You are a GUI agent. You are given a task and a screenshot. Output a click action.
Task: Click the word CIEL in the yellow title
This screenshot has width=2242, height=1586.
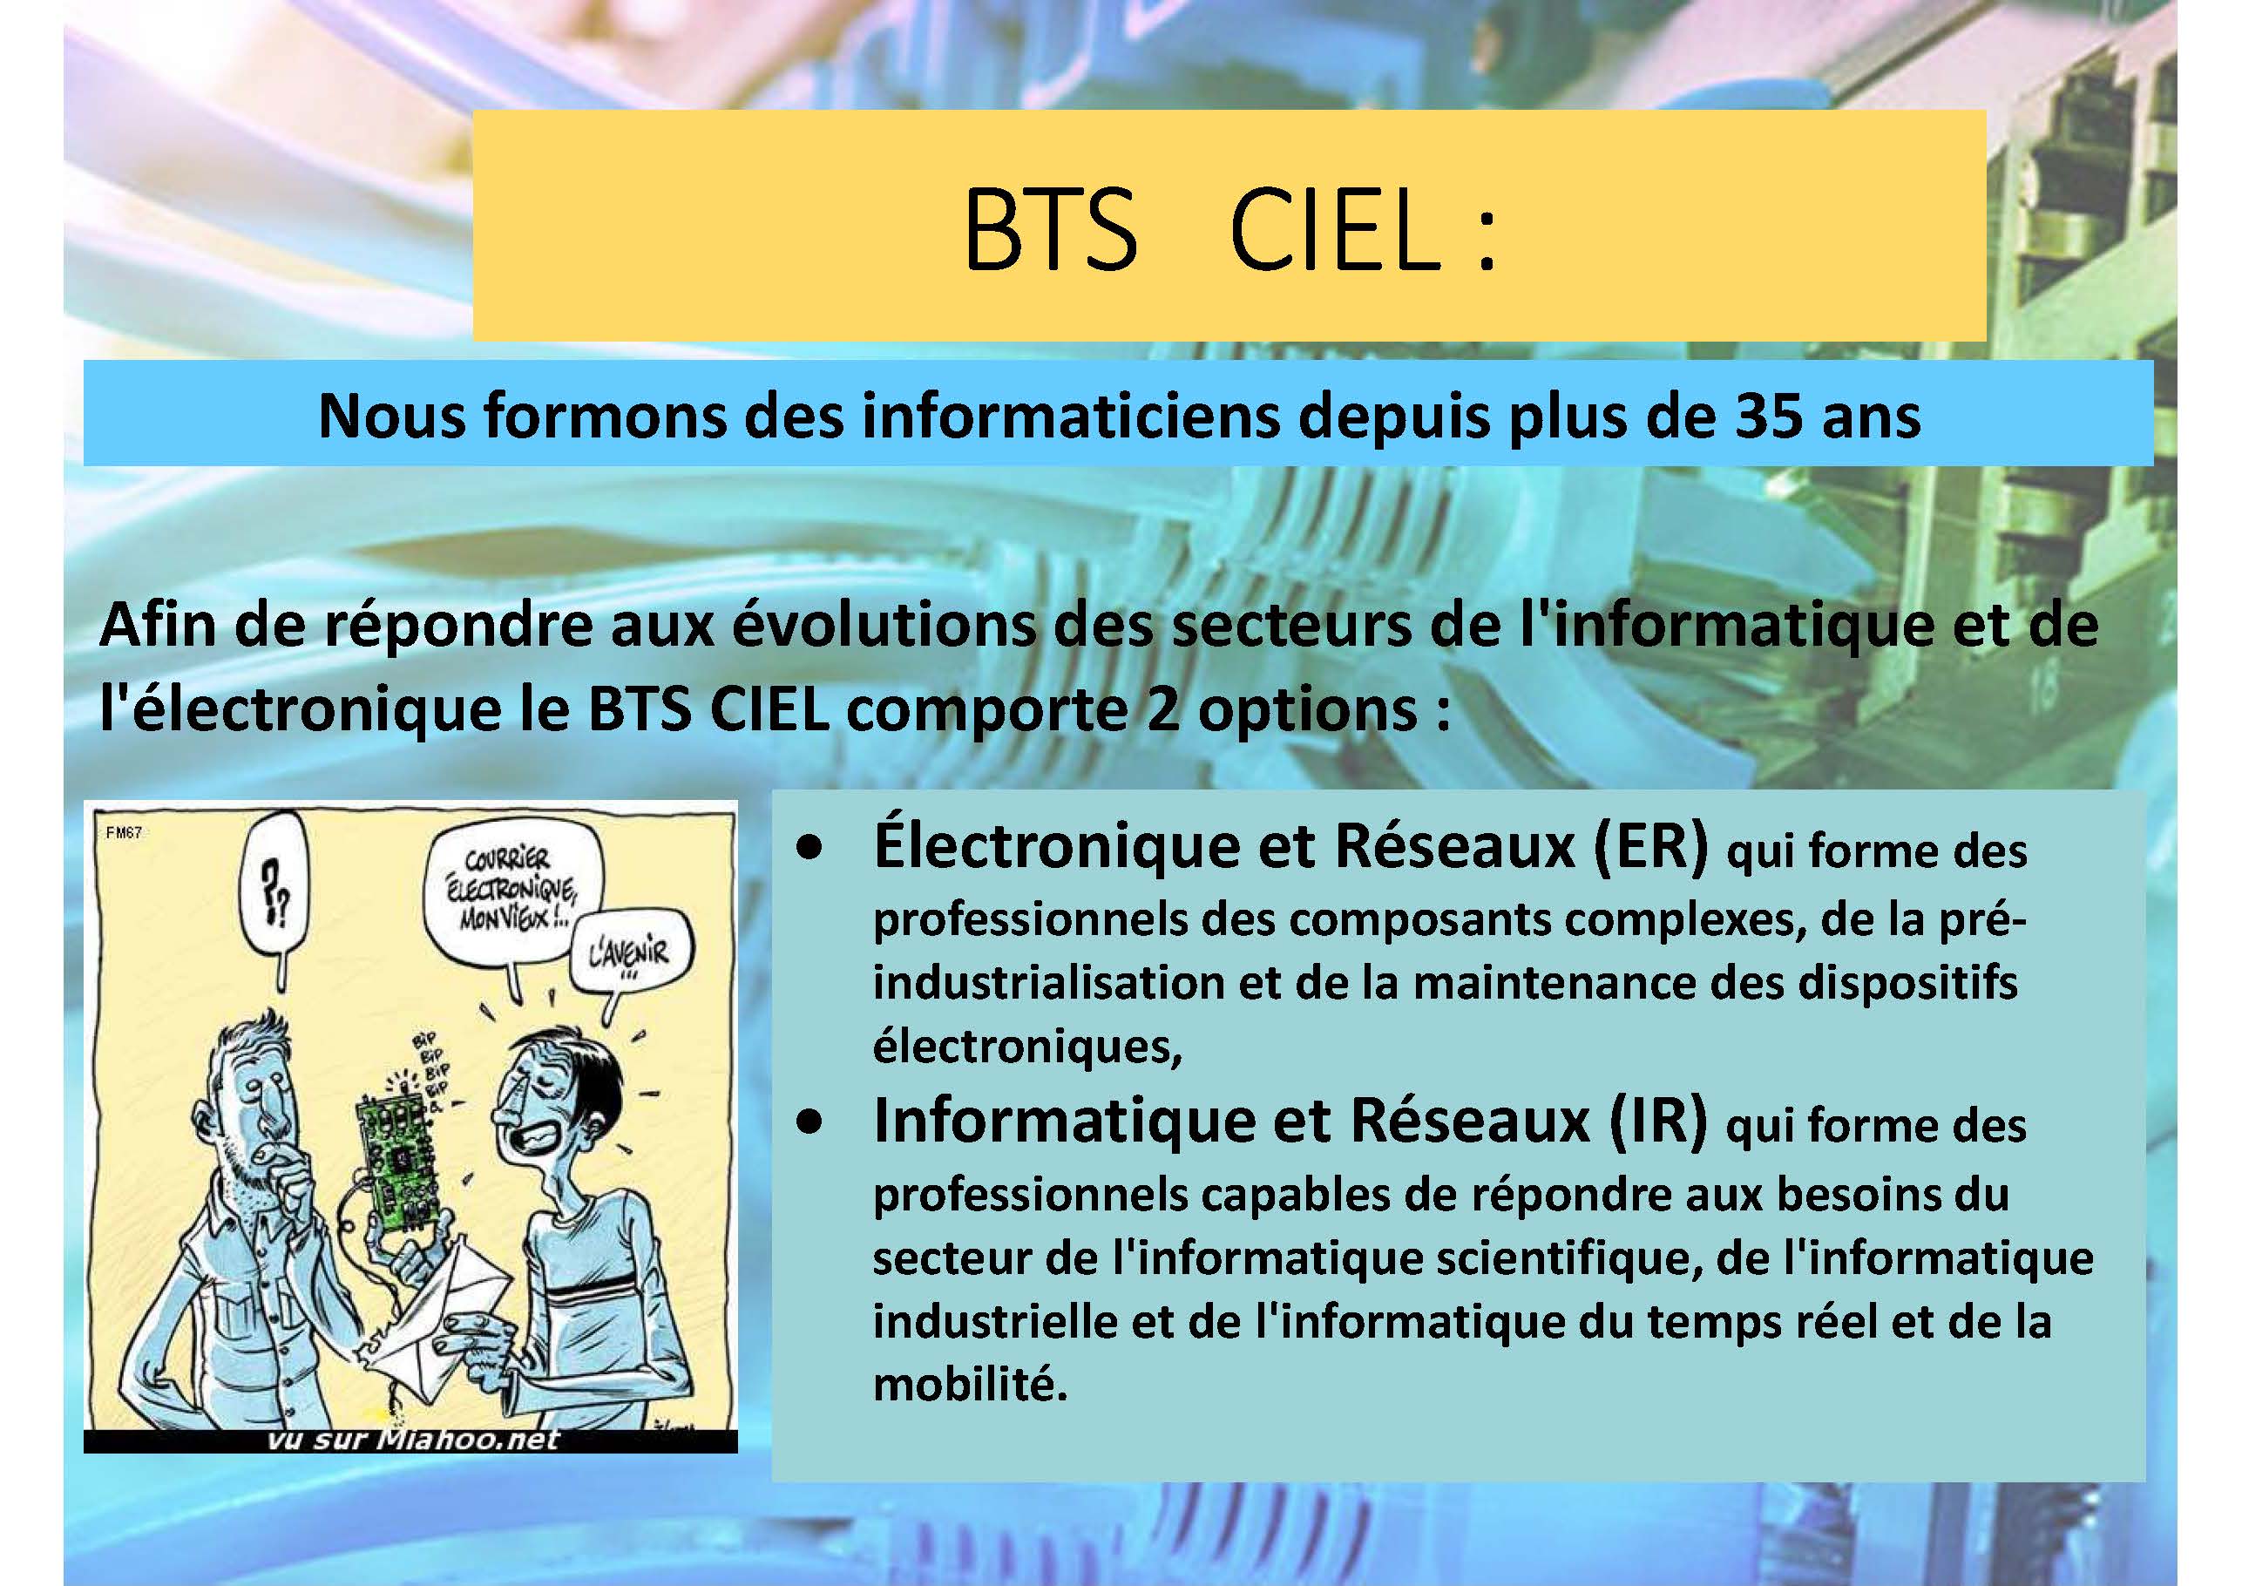(1336, 230)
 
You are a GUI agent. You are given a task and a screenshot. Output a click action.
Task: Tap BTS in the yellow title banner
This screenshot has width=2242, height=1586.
(1051, 230)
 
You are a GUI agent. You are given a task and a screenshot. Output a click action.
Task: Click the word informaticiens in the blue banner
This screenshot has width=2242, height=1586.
(1071, 415)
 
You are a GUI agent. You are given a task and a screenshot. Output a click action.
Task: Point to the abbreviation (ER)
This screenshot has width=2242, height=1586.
(1650, 846)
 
